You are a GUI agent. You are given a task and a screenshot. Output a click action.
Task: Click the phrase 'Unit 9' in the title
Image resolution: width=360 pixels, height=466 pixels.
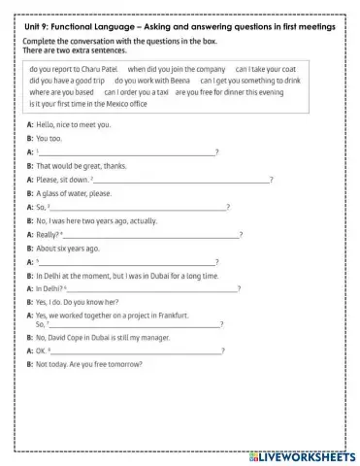40,27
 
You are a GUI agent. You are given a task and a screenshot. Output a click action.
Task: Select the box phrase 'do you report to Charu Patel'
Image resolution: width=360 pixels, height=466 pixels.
74,71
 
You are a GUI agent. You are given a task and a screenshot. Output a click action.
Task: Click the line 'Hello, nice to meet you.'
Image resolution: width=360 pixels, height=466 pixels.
72,125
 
